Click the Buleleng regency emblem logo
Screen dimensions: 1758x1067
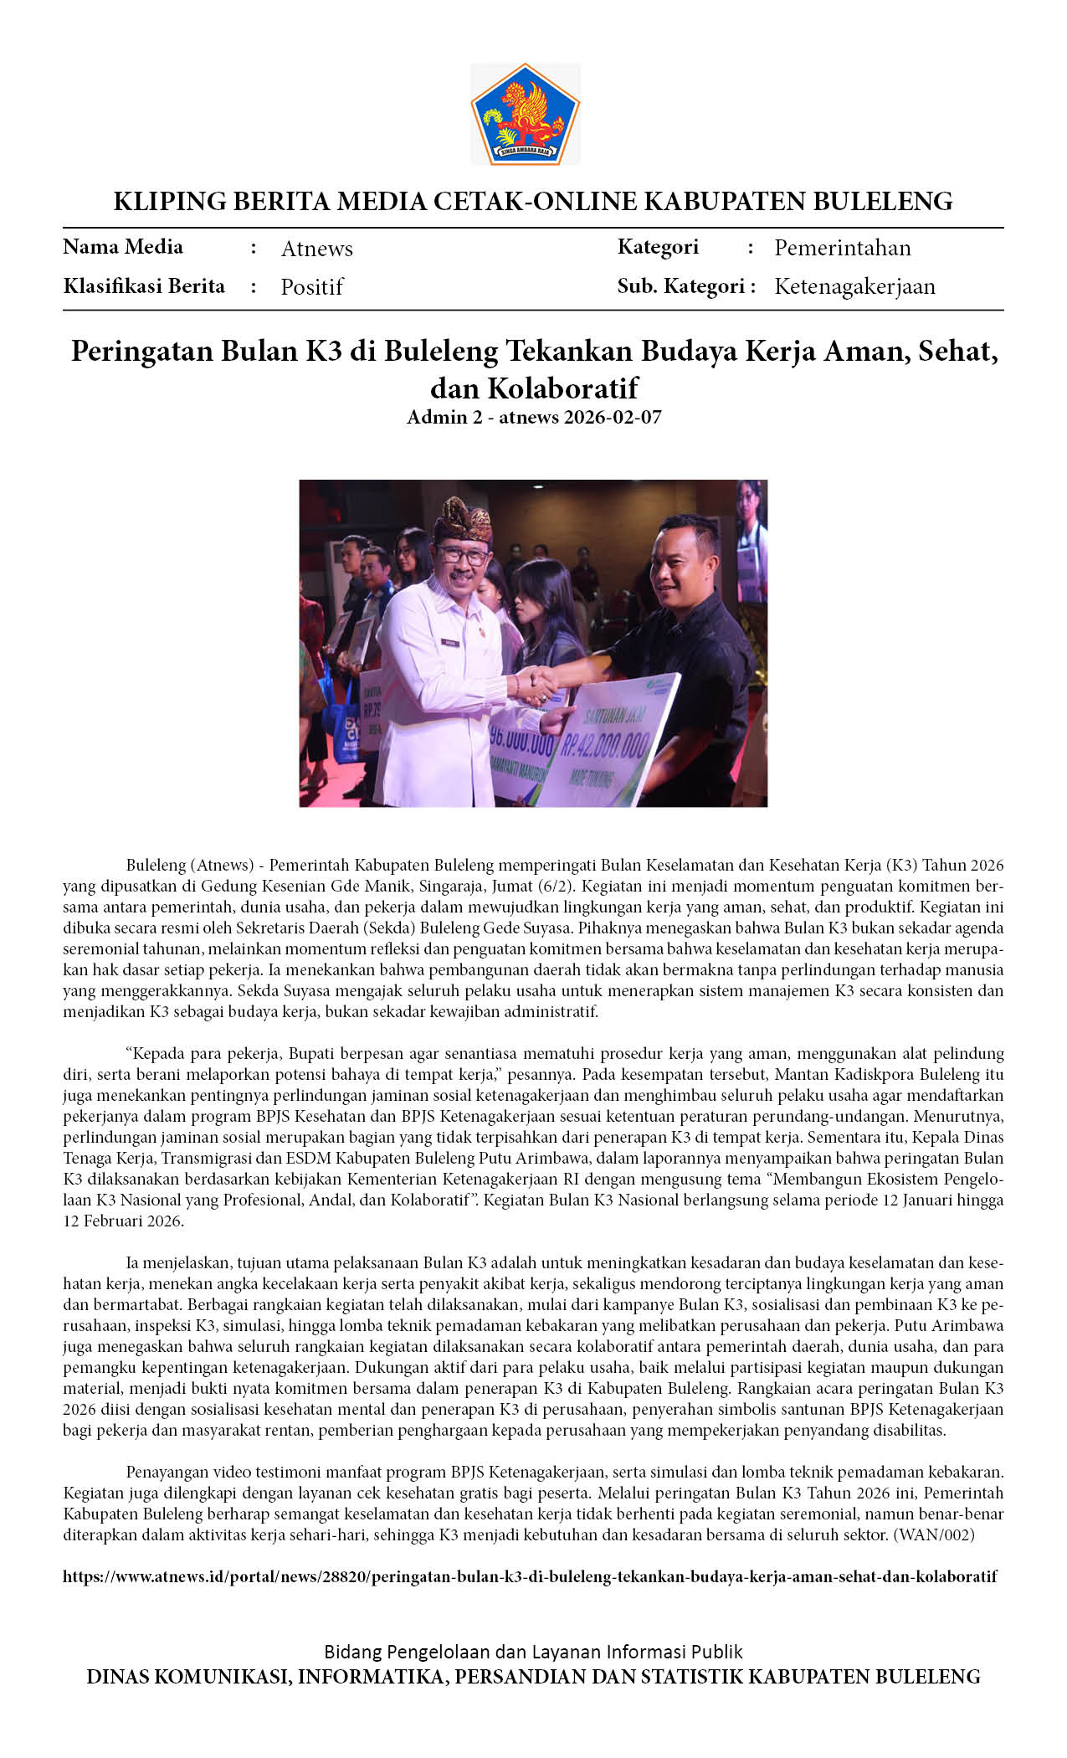coord(525,114)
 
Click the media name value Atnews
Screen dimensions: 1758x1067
coord(316,249)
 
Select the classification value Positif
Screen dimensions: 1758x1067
coord(311,287)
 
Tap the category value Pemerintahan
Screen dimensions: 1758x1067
coord(842,248)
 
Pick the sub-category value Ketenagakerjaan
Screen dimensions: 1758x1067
coord(854,286)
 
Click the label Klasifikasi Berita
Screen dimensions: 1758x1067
coord(144,286)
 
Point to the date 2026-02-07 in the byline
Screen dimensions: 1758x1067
coord(613,417)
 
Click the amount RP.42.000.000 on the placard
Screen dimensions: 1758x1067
coord(605,743)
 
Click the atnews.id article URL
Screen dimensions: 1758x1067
coord(530,1576)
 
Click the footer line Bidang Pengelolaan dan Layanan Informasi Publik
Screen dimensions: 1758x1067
coord(533,1652)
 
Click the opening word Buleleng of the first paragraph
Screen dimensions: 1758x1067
coord(156,865)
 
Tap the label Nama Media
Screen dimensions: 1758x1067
coord(123,247)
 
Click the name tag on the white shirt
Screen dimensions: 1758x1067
coord(451,643)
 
